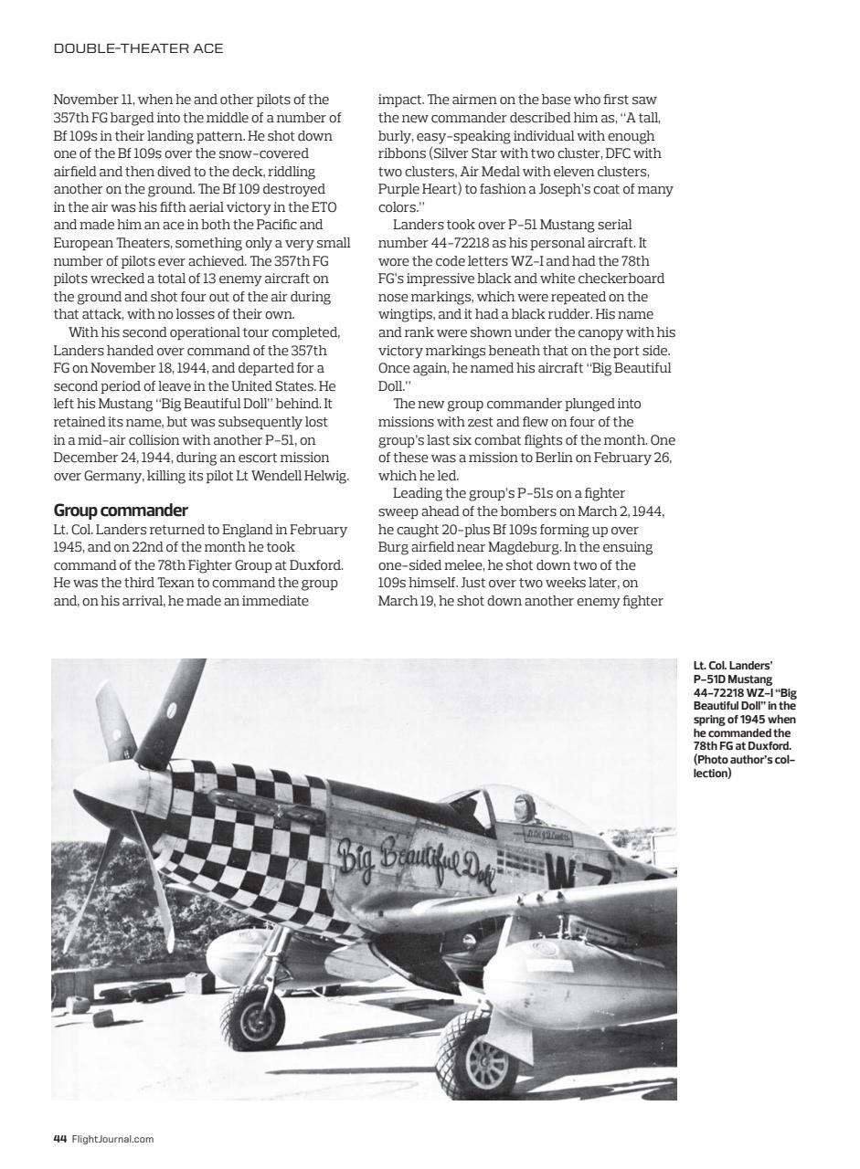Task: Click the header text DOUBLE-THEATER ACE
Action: coord(138,48)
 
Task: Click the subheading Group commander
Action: coord(121,510)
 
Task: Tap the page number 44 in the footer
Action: coord(59,1138)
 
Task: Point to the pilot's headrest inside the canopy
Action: coord(524,808)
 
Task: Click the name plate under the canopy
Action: coord(547,835)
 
